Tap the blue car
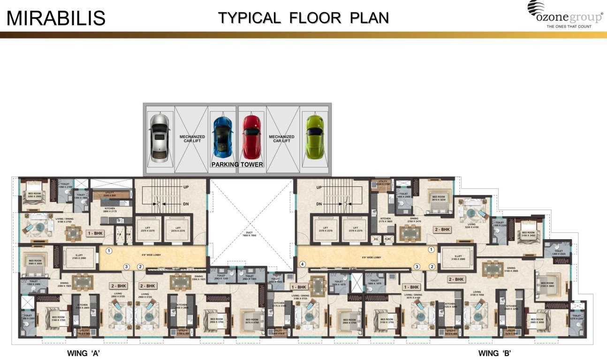pyautogui.click(x=222, y=136)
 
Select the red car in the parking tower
pyautogui.click(x=251, y=136)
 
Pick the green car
pyautogui.click(x=314, y=136)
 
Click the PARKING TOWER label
pyautogui.click(x=237, y=165)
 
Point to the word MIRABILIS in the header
pyautogui.click(x=56, y=18)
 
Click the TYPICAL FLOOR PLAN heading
pyautogui.click(x=303, y=17)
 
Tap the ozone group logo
pyautogui.click(x=565, y=15)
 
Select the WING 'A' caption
pyautogui.click(x=84, y=353)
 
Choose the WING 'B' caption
pyautogui.click(x=497, y=353)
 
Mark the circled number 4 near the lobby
pyautogui.click(x=303, y=264)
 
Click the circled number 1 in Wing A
pyautogui.click(x=109, y=251)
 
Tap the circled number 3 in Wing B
pyautogui.click(x=417, y=267)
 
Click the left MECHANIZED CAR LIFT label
pyautogui.click(x=192, y=138)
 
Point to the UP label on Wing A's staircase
pyautogui.click(x=186, y=187)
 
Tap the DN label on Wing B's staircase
pyautogui.click(x=319, y=204)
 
